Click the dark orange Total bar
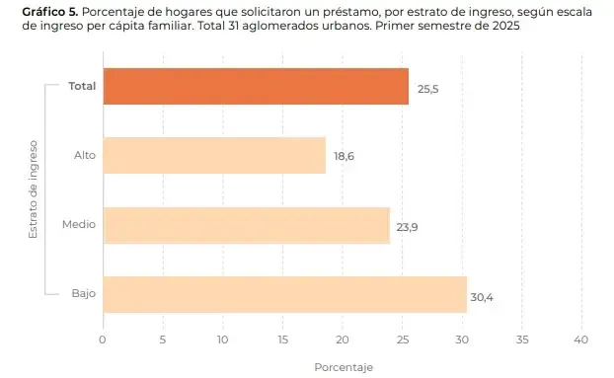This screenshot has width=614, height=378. point(255,87)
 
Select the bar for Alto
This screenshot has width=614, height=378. point(213,156)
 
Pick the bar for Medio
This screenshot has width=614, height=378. point(246,226)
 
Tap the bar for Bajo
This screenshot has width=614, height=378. point(284,294)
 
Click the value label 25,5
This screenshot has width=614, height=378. point(428,88)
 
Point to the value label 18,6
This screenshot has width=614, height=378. point(344,157)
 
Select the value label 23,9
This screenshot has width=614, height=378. point(407,227)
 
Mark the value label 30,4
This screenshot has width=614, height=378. point(482,296)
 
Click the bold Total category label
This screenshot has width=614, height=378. point(82,86)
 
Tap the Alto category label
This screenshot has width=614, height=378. point(85,155)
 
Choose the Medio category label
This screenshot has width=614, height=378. point(79,224)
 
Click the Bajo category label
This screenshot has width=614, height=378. point(84,293)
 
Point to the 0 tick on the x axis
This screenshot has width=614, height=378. point(103,339)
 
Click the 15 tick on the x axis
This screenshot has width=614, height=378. point(282,339)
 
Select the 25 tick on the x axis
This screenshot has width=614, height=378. point(402,339)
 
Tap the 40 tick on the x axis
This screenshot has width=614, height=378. point(580,339)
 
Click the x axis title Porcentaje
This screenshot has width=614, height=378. point(343,367)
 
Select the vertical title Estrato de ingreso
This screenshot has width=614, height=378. point(33,189)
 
